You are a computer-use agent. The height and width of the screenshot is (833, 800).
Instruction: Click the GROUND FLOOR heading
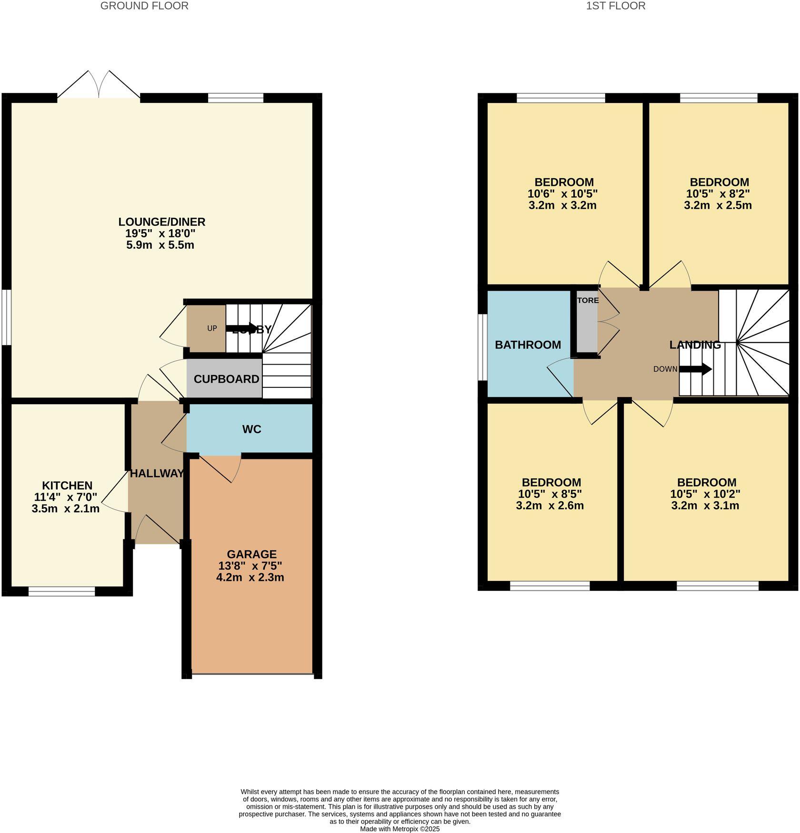tap(144, 6)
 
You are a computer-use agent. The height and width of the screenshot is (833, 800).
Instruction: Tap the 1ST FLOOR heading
tap(616, 6)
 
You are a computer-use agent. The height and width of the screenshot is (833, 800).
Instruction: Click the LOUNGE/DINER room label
tap(161, 222)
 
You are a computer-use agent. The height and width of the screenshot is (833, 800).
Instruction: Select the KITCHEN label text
tap(67, 486)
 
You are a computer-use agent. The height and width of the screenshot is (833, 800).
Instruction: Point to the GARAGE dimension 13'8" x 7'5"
tap(250, 566)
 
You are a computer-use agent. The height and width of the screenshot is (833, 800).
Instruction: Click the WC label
tap(251, 429)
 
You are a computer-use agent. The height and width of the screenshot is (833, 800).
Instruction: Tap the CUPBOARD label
tap(226, 379)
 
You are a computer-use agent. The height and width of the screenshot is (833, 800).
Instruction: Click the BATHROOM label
tap(528, 345)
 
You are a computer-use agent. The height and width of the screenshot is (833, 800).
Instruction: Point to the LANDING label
tap(695, 345)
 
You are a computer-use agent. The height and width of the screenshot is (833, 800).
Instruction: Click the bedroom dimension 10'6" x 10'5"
tap(562, 194)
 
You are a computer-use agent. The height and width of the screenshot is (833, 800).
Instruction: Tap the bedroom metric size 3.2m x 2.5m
tap(718, 205)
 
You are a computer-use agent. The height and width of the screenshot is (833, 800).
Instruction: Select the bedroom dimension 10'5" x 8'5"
tap(550, 494)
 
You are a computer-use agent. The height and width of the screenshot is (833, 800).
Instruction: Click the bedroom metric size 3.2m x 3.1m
tap(705, 506)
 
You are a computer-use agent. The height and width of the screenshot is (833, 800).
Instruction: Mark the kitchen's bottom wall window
tap(61, 592)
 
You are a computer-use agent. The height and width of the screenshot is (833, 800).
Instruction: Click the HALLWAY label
tap(157, 474)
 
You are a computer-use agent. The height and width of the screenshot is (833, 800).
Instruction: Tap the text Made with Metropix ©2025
tap(400, 829)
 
